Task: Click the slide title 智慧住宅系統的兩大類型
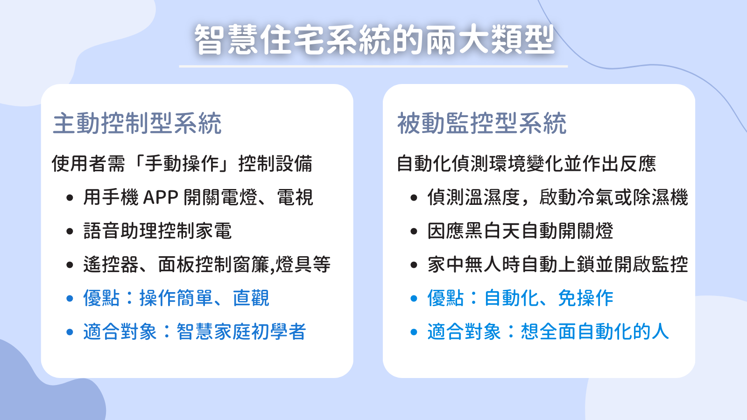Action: point(374,39)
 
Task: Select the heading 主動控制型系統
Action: point(137,123)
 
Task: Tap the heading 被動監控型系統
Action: point(481,123)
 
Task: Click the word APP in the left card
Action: point(161,197)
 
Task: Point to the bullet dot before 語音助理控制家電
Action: point(70,231)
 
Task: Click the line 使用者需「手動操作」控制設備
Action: point(182,164)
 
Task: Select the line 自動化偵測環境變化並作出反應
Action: point(527,164)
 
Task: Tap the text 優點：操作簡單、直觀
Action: point(176,298)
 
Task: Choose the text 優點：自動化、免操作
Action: point(520,298)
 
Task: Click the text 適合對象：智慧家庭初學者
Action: point(194,332)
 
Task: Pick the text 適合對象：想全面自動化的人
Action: point(548,332)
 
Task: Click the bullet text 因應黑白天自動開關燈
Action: point(520,231)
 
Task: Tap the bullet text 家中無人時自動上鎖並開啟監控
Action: point(557,264)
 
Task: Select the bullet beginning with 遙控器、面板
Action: point(207,264)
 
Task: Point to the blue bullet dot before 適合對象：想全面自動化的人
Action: point(414,332)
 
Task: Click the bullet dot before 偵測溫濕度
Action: point(414,198)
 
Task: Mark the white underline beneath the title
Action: point(373,66)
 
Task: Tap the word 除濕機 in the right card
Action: point(660,197)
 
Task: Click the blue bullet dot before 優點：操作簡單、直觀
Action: point(70,298)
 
